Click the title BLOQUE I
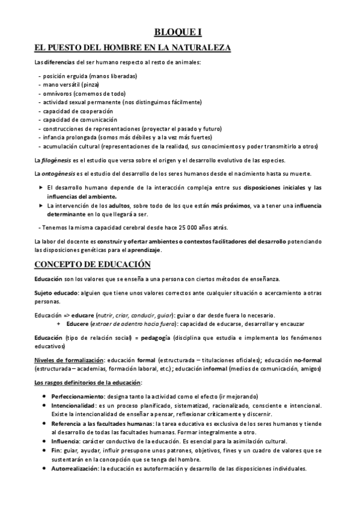(180, 35)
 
